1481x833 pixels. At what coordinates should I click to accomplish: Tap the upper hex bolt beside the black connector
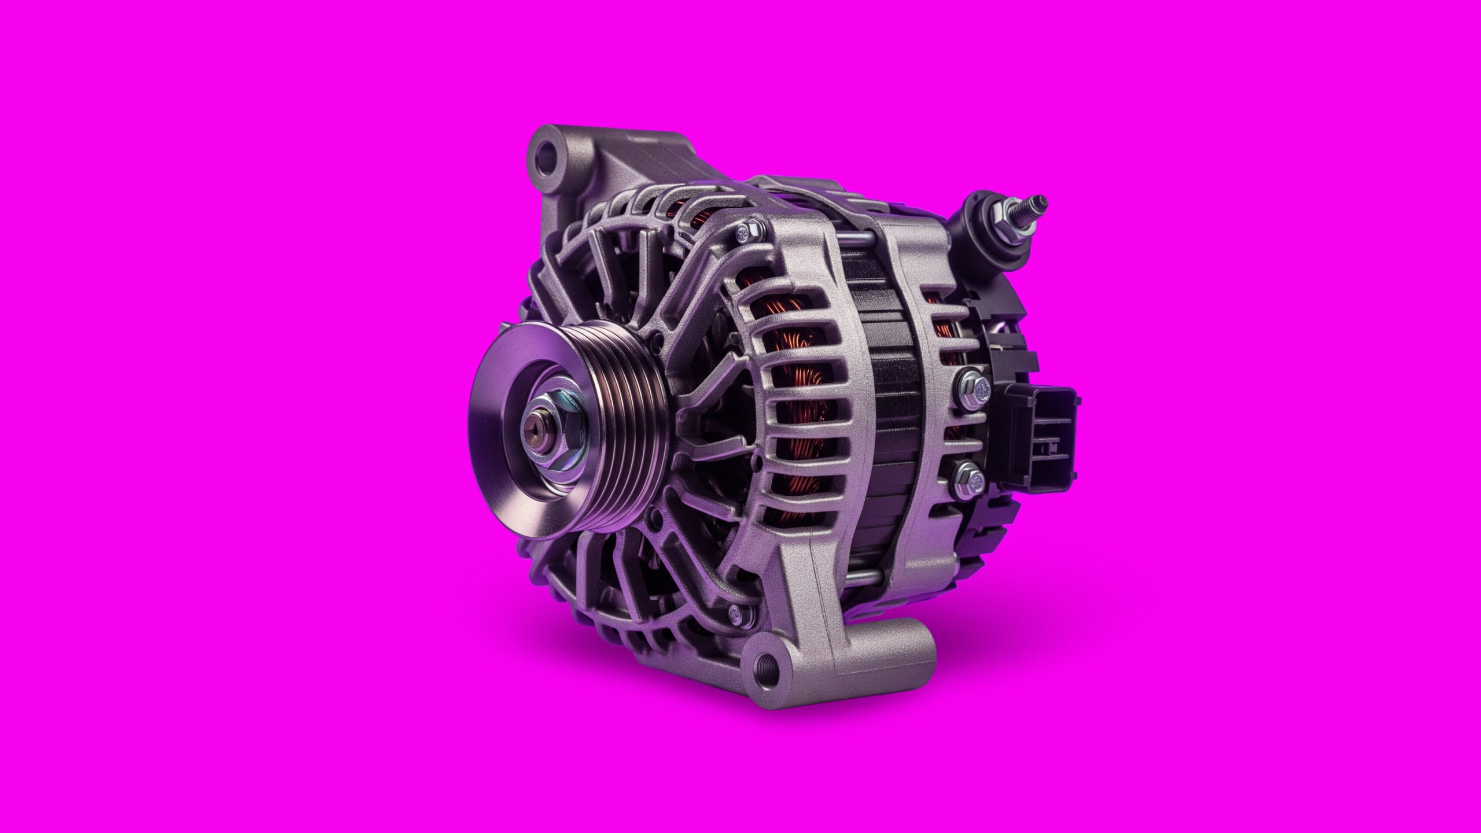(x=974, y=386)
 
